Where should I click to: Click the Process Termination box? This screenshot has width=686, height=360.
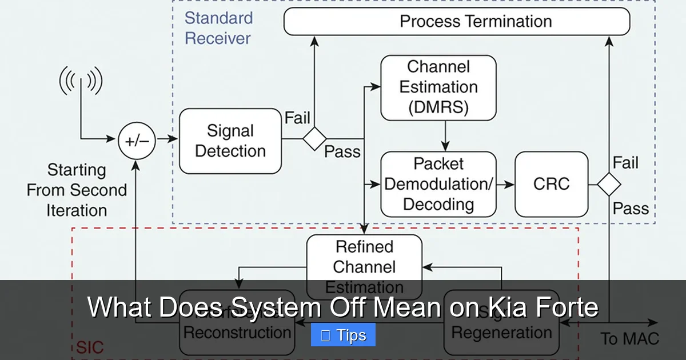(x=457, y=22)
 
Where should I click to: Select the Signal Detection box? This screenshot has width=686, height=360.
(x=230, y=141)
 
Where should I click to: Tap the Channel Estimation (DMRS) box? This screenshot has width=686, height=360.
(x=438, y=87)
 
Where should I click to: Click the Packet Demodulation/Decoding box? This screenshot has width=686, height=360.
(x=438, y=184)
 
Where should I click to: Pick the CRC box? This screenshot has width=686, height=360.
(x=551, y=184)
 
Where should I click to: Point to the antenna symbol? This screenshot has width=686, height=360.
(x=81, y=82)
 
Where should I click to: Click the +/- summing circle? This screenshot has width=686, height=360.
(x=137, y=141)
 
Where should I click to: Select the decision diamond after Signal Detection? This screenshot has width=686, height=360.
(x=314, y=139)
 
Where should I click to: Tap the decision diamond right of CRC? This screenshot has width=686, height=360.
(x=609, y=184)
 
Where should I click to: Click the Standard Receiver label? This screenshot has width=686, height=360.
(x=218, y=28)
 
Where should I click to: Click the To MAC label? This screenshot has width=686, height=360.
(x=629, y=338)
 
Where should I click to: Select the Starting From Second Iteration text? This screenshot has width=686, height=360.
(x=76, y=190)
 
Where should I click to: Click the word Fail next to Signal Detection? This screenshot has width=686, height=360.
(x=297, y=118)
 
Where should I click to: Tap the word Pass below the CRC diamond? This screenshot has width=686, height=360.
(x=631, y=209)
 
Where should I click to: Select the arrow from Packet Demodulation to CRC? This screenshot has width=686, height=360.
(x=505, y=184)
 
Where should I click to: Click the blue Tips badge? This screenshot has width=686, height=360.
(x=343, y=335)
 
